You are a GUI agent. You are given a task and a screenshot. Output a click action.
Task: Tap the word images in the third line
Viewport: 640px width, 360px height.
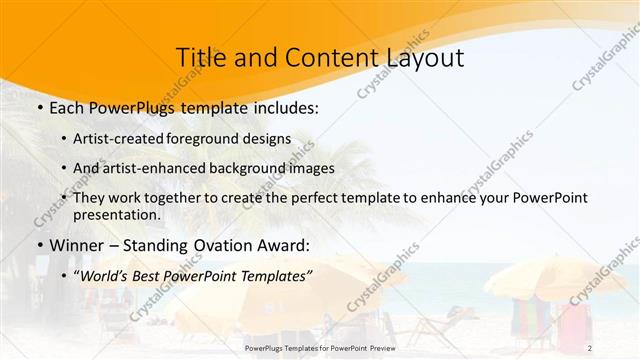(309, 169)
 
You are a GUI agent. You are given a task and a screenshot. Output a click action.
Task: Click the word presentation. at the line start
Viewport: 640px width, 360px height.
(116, 214)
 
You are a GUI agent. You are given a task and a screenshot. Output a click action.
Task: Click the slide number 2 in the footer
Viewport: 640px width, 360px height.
(618, 348)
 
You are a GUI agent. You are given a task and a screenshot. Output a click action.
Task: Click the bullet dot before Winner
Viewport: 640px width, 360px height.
(39, 245)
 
